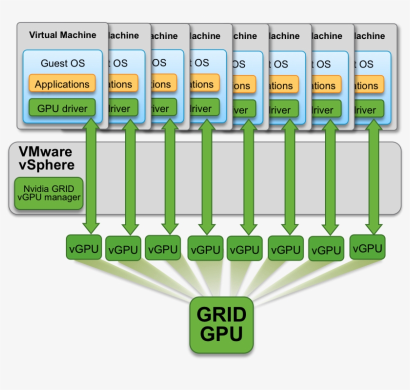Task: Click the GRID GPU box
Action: (x=221, y=324)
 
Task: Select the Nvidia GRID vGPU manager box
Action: (x=48, y=193)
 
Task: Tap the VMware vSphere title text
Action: (x=45, y=158)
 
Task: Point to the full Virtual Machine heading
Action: (x=62, y=35)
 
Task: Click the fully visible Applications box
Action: (x=62, y=84)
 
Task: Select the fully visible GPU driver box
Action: (x=62, y=108)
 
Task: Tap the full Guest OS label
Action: (x=62, y=63)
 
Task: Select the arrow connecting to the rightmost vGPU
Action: (x=372, y=175)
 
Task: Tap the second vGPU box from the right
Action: (x=326, y=248)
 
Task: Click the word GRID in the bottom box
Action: (x=221, y=314)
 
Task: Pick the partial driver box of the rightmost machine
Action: (x=368, y=109)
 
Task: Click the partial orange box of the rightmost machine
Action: (x=368, y=85)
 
